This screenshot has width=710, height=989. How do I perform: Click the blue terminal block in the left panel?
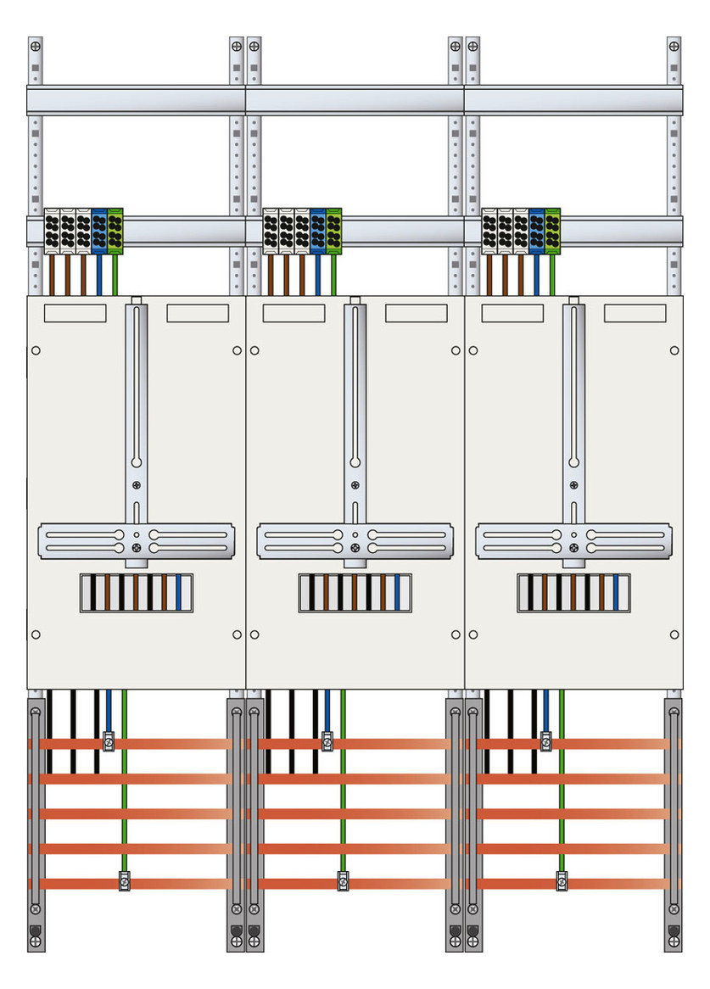[x=99, y=230]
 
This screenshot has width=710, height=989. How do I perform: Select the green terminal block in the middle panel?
[x=333, y=230]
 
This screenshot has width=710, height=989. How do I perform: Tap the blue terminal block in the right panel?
[x=537, y=230]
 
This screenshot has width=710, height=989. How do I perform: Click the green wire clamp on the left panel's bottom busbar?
[x=124, y=881]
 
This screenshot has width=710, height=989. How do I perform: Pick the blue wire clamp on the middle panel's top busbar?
[x=327, y=741]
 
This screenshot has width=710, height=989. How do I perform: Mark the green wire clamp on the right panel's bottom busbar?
[x=562, y=881]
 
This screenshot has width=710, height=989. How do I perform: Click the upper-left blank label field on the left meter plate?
[x=75, y=313]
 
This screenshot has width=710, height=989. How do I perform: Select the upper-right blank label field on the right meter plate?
[x=635, y=313]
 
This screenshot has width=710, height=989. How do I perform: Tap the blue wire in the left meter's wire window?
[x=178, y=593]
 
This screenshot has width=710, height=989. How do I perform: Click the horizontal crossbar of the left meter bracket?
[x=136, y=541]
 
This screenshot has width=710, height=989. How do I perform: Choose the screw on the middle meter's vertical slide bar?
[x=355, y=486]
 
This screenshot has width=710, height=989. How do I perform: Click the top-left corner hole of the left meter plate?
[x=36, y=350]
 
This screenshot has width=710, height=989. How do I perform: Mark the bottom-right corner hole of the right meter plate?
[x=674, y=634]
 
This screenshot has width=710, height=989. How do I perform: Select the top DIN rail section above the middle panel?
[x=355, y=100]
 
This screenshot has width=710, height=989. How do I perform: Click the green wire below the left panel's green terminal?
[x=115, y=274]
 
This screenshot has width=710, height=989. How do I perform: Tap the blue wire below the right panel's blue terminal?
[x=537, y=274]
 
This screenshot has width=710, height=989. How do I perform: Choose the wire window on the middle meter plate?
[x=355, y=593]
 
